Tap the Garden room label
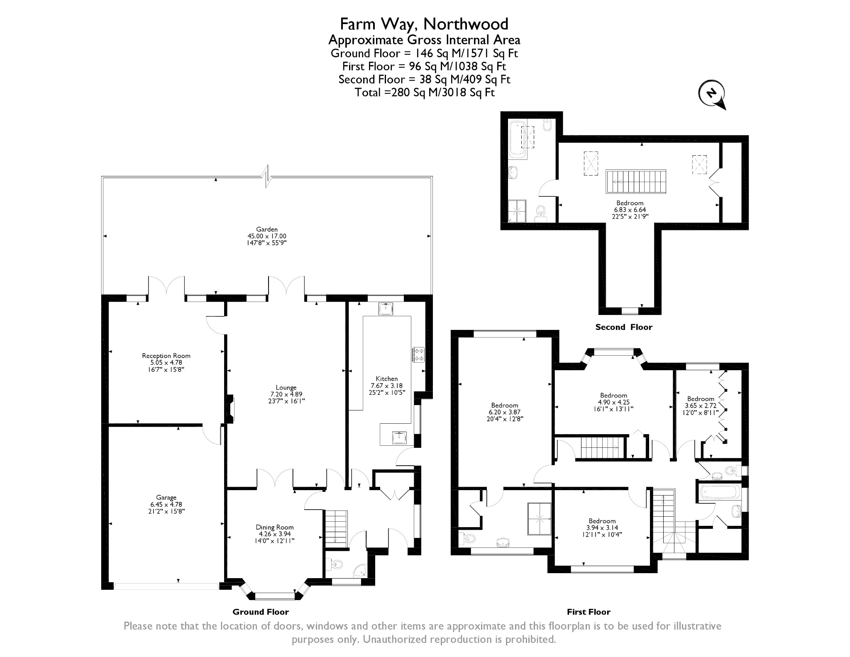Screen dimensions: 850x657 (x=267, y=229)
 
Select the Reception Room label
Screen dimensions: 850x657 (x=166, y=356)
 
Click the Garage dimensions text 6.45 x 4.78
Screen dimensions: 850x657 (x=166, y=504)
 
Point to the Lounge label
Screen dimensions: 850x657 (x=286, y=388)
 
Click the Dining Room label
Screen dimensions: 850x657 (x=274, y=527)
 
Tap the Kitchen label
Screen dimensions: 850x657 (x=386, y=379)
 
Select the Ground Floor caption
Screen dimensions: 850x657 (x=261, y=611)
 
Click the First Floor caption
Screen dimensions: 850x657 (x=588, y=611)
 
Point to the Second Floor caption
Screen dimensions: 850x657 (x=623, y=327)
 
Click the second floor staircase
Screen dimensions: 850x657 (x=636, y=181)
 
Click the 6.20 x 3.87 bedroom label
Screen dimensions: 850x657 (x=504, y=405)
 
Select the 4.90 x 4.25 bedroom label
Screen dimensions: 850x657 (x=613, y=396)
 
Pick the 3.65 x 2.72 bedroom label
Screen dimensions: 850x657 (x=701, y=399)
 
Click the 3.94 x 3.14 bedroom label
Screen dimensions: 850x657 (x=602, y=521)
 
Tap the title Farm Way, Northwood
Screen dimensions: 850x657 (x=424, y=24)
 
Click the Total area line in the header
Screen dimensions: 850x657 (x=425, y=92)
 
